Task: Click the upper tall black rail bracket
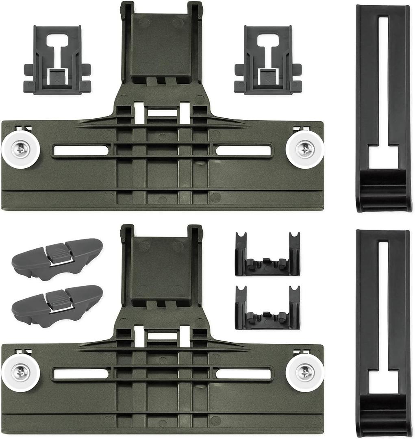[x=383, y=108]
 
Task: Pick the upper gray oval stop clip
[x=57, y=259]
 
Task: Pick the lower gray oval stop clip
[x=57, y=306]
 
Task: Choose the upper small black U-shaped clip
[x=267, y=255]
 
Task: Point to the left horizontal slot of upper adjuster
[x=81, y=150]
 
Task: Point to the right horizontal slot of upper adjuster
[x=243, y=150]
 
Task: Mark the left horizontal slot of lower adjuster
[x=81, y=374]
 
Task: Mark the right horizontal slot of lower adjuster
[x=243, y=374]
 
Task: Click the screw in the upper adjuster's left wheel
[x=21, y=149]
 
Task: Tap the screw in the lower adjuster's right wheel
[x=305, y=372]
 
